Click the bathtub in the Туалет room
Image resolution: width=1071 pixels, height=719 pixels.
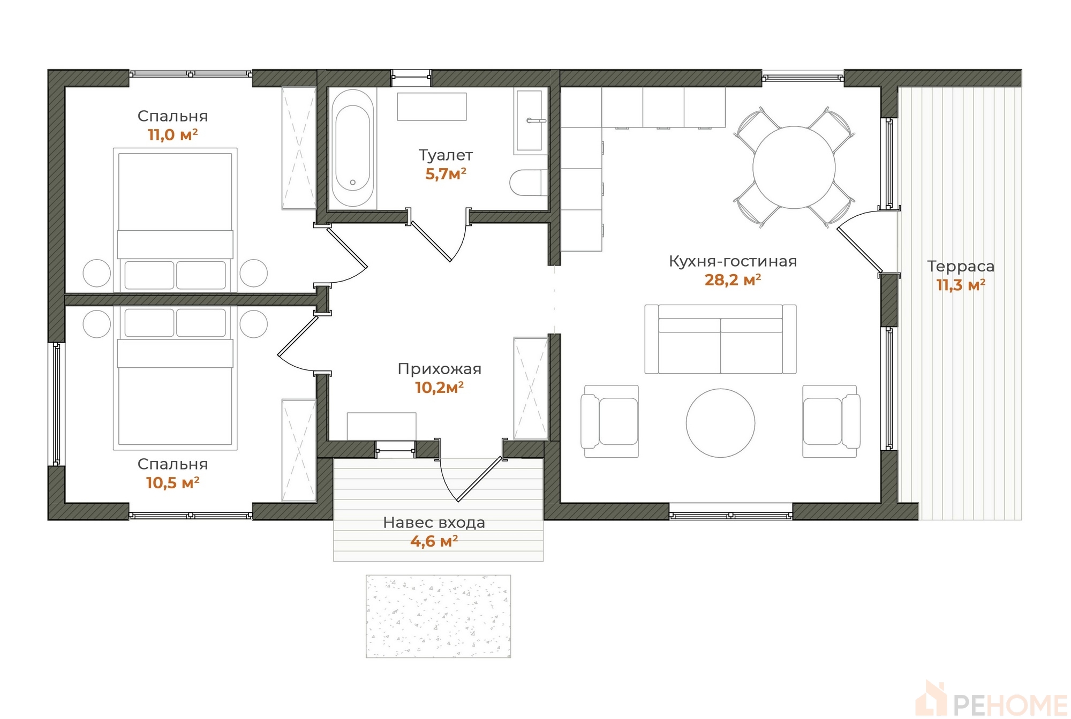click(x=352, y=148)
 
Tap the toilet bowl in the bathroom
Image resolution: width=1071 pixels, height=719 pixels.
click(x=529, y=183)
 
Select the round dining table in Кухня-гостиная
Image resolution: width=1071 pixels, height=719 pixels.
click(x=794, y=168)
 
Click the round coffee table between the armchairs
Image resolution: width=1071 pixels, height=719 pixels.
click(x=721, y=423)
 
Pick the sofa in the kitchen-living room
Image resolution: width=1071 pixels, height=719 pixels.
click(x=720, y=339)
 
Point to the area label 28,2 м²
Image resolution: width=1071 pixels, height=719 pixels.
click(x=733, y=279)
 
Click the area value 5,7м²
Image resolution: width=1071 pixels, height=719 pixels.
click(x=446, y=173)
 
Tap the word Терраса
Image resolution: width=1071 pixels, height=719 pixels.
click(x=961, y=266)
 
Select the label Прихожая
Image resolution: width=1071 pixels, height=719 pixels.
click(x=439, y=369)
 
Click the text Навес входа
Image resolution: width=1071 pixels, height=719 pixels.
click(x=434, y=523)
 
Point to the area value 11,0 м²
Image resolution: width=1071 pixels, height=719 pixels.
click(x=172, y=134)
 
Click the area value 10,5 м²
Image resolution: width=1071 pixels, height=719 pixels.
click(x=172, y=482)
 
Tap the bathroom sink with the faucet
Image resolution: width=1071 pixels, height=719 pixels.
click(x=530, y=121)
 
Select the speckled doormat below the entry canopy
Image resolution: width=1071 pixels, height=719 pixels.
click(x=438, y=616)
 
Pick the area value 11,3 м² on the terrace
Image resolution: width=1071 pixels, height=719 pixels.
click(x=961, y=285)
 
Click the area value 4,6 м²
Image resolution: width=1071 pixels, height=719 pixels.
click(x=434, y=541)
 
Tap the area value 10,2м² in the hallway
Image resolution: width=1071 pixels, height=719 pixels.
click(x=439, y=388)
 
